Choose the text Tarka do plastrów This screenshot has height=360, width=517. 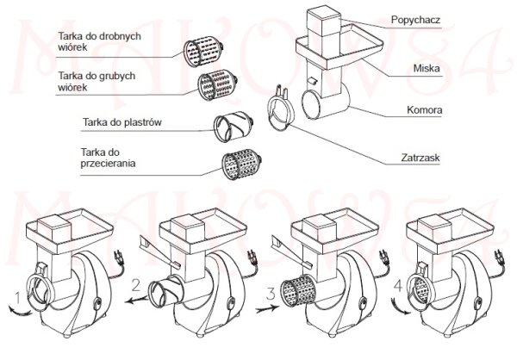pyautogui.click(x=121, y=121)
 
